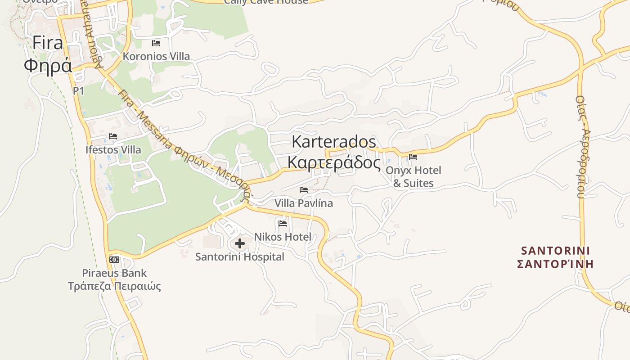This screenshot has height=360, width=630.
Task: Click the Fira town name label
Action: (47, 43)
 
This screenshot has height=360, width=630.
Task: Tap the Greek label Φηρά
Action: (48, 66)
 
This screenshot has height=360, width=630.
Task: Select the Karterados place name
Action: (333, 142)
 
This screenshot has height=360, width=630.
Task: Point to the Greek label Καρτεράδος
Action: (333, 162)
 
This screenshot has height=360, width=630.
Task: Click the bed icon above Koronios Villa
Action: (156, 43)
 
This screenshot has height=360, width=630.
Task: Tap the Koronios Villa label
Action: (156, 57)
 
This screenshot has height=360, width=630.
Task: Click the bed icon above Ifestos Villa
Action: (113, 136)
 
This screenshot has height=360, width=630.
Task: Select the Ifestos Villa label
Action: (113, 150)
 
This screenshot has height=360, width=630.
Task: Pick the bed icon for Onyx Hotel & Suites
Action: (413, 157)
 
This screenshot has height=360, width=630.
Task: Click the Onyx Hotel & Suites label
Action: (414, 177)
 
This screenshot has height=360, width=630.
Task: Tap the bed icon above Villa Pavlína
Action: (304, 190)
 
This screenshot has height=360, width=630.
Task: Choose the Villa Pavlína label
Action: (304, 203)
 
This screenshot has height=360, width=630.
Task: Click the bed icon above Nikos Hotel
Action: (283, 223)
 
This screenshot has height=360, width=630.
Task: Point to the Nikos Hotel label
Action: (283, 237)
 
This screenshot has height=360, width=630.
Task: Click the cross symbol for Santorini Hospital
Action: (240, 243)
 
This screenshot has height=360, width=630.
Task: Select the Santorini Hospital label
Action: (239, 257)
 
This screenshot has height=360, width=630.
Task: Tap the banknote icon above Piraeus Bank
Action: (114, 260)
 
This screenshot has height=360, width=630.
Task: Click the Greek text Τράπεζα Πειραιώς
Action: (114, 286)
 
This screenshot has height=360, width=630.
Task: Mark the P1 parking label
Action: (79, 91)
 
